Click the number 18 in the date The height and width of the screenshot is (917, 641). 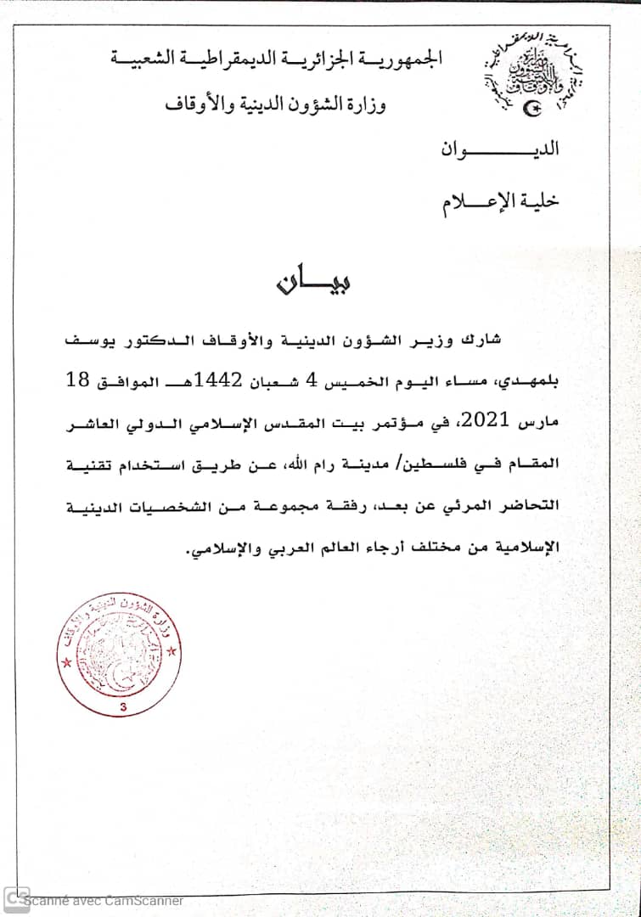78,380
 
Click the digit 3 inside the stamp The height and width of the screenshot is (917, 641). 125,706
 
